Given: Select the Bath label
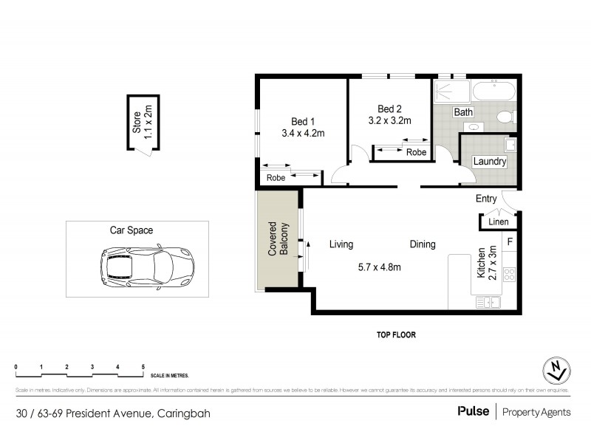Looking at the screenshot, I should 463,113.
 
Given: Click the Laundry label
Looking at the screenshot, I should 489,162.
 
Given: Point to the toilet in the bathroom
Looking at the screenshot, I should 506,117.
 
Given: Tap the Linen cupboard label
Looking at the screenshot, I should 499,222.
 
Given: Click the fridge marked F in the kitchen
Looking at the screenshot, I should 509,241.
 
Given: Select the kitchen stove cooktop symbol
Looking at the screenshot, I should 509,275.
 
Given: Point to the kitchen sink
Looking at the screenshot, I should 488,301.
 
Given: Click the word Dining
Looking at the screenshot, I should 423,244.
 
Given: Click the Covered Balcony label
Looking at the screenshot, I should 277,239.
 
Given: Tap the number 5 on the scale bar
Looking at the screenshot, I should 143,367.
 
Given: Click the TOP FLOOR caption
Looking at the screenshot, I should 397,334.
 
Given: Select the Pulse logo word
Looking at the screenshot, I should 473,412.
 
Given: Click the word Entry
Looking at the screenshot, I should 486,198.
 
